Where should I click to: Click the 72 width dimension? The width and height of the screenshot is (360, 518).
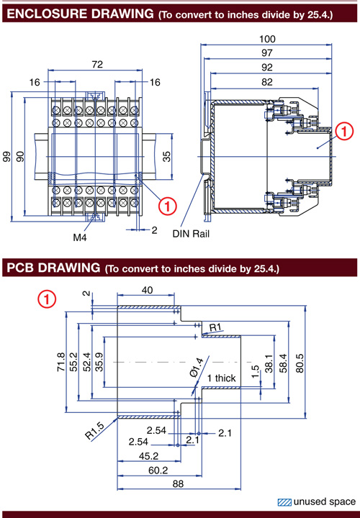(97, 64)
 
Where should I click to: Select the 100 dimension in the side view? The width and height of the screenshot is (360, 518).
(267, 39)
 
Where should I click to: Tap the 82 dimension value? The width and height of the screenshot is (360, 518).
(267, 82)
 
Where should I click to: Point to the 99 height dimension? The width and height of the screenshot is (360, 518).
(6, 157)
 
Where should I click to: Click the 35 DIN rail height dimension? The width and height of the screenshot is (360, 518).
(167, 156)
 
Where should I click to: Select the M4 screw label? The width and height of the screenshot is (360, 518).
(80, 237)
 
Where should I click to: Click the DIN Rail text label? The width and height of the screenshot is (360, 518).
(191, 234)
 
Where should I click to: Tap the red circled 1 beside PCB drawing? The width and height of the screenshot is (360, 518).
(47, 299)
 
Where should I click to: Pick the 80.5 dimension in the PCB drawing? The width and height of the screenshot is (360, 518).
(300, 363)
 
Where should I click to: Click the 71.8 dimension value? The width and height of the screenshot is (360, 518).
(60, 362)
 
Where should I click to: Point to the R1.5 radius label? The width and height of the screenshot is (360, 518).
(95, 431)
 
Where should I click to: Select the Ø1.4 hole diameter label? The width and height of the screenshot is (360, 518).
(197, 368)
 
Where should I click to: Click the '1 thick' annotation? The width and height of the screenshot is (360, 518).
(222, 378)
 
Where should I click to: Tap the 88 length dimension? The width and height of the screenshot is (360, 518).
(178, 483)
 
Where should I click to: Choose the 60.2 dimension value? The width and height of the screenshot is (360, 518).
(158, 470)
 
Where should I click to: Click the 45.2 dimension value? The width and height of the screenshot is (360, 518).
(148, 456)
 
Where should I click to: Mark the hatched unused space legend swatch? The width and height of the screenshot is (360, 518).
(284, 502)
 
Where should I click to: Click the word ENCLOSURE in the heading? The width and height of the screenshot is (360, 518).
(47, 14)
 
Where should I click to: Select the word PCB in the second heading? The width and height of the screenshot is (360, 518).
(20, 268)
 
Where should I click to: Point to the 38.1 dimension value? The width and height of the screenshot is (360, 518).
(269, 363)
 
